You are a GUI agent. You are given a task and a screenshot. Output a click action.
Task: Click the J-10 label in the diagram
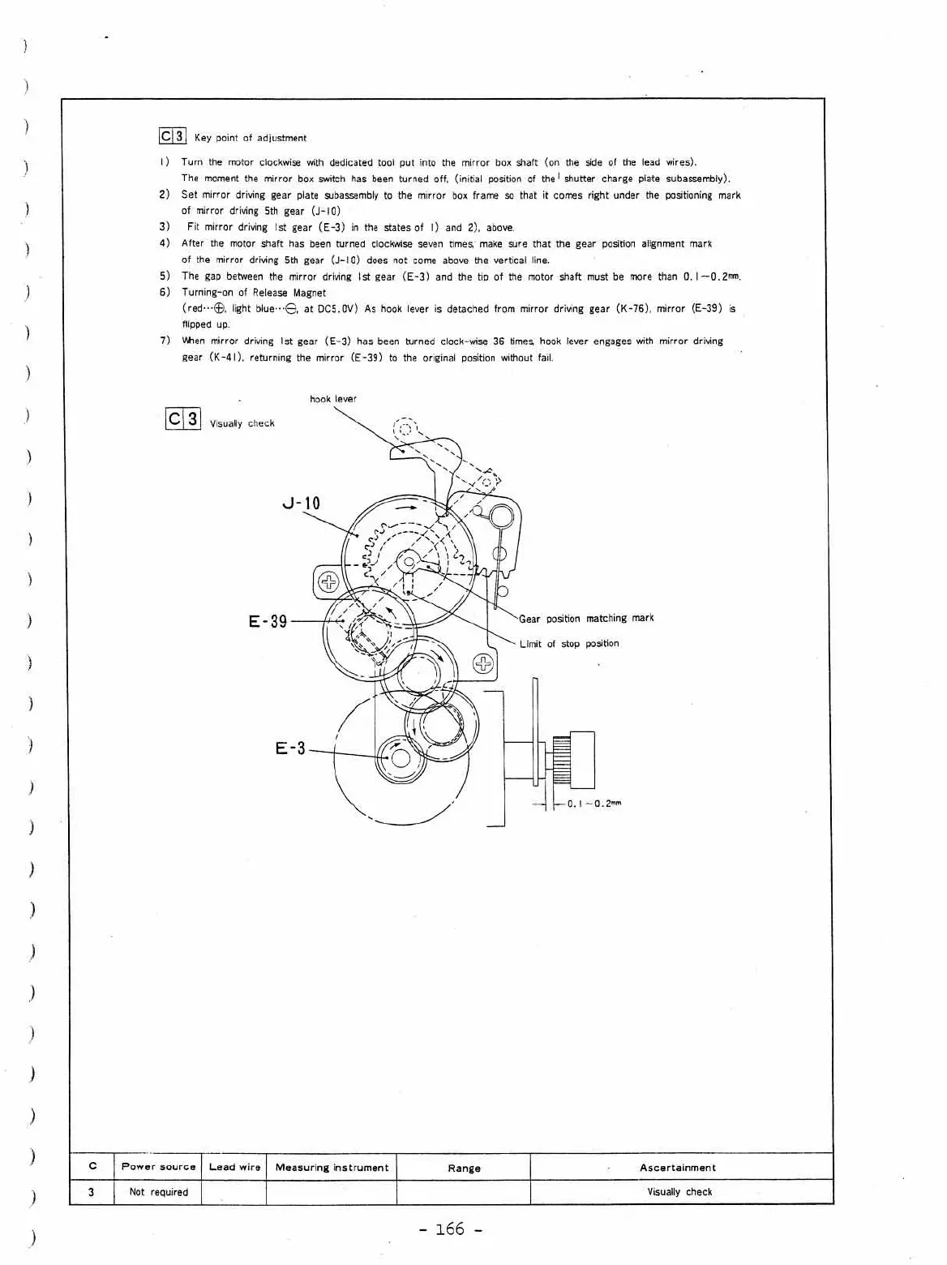point(301,504)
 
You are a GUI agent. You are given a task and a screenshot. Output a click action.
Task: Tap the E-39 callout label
point(268,622)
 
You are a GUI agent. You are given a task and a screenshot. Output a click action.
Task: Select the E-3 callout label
point(290,748)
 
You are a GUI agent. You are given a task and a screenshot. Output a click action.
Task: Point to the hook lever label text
point(332,399)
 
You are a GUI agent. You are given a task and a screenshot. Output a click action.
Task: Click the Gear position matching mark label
point(585,619)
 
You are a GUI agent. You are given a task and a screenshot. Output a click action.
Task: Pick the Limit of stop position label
point(568,644)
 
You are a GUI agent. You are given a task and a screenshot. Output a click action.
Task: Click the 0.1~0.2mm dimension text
point(593,804)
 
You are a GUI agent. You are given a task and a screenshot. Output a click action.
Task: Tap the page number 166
point(451,1229)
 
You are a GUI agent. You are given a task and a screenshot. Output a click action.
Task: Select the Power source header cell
point(158,1167)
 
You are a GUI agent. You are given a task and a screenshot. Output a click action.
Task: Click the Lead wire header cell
point(234,1167)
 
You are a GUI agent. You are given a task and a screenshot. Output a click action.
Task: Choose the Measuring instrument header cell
point(332,1168)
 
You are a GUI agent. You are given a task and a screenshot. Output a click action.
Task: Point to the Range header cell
point(464,1169)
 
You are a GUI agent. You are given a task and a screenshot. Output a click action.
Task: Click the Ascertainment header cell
point(677,1168)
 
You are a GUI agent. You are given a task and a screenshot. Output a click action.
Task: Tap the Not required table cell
point(158,1192)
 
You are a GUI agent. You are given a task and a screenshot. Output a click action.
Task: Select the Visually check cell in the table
point(679,1192)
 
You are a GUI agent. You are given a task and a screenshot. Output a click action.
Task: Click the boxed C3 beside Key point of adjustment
point(173,136)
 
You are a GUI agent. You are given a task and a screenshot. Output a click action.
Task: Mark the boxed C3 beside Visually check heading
point(182,419)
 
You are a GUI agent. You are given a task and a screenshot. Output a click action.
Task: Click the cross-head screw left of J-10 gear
point(328,581)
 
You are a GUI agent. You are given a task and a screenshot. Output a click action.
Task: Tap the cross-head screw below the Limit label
point(483,664)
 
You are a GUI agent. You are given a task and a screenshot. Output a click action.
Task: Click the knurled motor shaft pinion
point(561,760)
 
